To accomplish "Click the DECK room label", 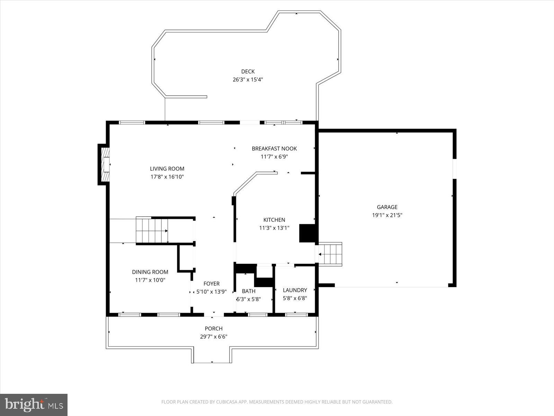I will coord(248,72).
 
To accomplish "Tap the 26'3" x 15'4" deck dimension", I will coord(248,79).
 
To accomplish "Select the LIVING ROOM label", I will coord(167,169).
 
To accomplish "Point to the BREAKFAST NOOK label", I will coord(274,149).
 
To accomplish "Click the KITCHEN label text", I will coord(274,220).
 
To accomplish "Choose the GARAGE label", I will coord(387,207).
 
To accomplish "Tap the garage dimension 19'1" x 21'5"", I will coord(387,215).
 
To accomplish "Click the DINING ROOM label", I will coord(150,272).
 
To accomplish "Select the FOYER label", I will coord(211,284).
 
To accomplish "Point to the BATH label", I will coord(249,291).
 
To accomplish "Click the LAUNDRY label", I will coord(295,290).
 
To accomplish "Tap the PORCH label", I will coord(214,329).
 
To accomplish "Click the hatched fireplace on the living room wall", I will coord(105,165).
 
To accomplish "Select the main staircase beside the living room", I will coord(152,231).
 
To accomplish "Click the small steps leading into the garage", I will coord(331,254).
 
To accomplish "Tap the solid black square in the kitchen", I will coord(307,233).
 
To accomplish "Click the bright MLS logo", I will coord(34,405).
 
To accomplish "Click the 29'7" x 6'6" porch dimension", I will coord(214,337).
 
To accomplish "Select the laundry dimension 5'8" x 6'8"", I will coord(295,298).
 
